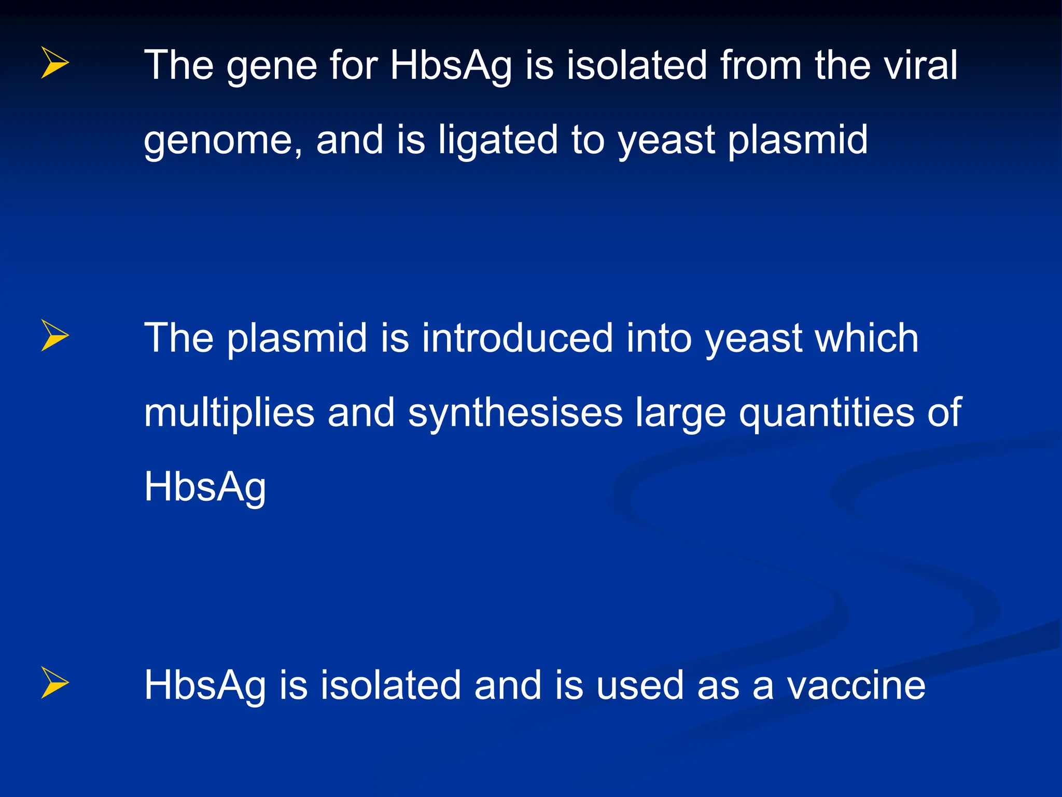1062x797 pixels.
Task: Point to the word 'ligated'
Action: [497, 140]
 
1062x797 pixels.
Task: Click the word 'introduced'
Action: [517, 338]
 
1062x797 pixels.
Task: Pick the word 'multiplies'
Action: [229, 413]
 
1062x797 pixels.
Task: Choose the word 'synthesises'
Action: [515, 413]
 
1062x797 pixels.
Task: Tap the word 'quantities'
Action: [827, 413]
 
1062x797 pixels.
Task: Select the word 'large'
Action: [680, 413]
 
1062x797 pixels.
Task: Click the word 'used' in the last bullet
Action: [640, 685]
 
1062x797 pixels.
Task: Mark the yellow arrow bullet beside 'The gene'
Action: [54, 63]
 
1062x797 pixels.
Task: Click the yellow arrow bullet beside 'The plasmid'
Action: [54, 336]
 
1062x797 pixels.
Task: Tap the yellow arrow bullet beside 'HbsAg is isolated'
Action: [54, 683]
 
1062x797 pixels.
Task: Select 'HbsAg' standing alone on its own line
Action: [205, 488]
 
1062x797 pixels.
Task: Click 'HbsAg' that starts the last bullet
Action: [205, 685]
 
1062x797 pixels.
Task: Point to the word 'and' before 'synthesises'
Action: [361, 413]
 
